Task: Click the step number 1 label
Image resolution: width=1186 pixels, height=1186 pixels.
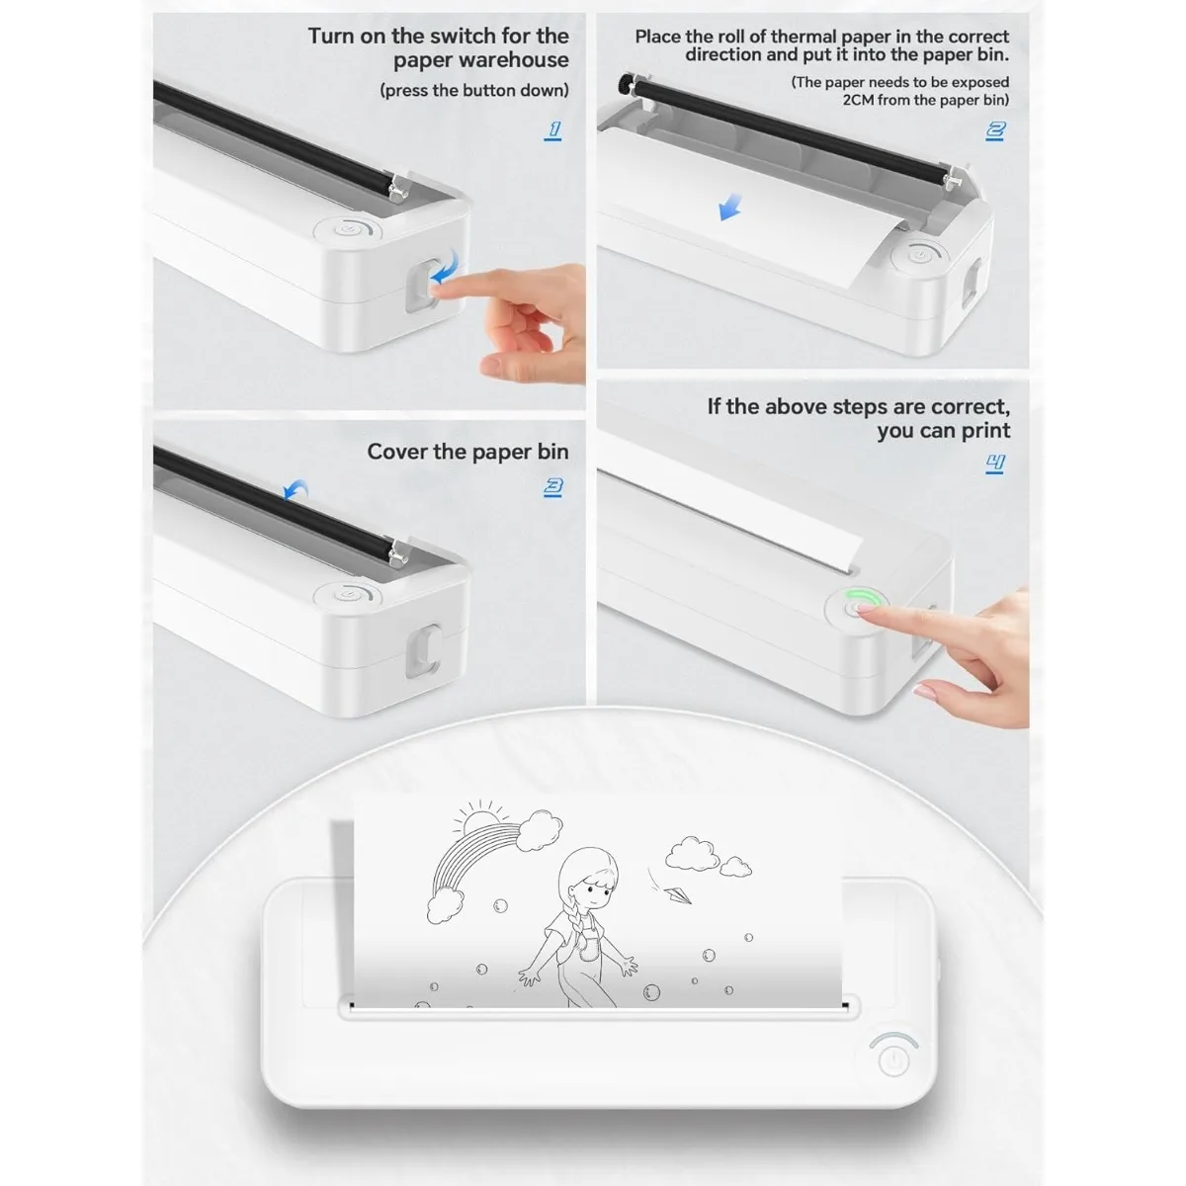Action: coord(553,129)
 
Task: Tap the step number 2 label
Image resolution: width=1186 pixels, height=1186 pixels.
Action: coord(995,129)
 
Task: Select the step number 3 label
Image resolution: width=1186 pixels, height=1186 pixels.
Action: coord(553,486)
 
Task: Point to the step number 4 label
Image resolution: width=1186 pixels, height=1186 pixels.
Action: coord(995,462)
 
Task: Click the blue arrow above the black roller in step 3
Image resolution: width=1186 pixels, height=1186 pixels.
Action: coord(295,490)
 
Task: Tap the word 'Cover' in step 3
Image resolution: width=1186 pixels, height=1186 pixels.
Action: coord(396,452)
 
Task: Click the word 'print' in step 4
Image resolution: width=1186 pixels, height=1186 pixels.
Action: coord(986,430)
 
